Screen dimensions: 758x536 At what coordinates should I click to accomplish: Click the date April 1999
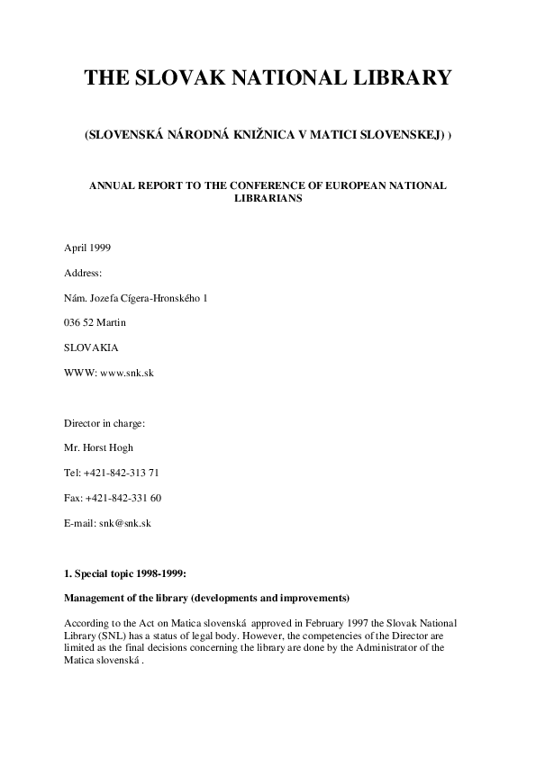click(88, 248)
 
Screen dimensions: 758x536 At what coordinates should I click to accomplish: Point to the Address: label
click(84, 272)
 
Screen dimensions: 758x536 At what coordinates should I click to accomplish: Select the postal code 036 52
click(79, 322)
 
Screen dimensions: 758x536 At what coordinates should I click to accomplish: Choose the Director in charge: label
click(104, 422)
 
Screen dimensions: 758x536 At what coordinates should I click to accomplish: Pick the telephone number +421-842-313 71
click(123, 473)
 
